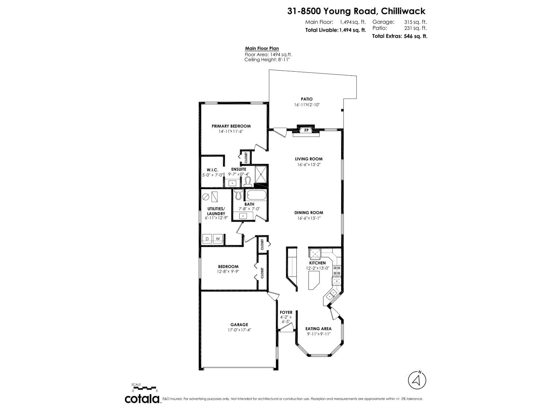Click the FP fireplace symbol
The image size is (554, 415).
tap(306, 130)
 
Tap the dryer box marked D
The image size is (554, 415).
tap(207, 239)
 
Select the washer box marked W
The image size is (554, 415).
tap(218, 239)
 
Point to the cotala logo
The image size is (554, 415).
tap(142, 399)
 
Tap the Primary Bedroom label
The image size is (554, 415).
tap(231, 126)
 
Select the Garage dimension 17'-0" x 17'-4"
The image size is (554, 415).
tap(239, 330)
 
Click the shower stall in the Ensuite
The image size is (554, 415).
tap(261, 174)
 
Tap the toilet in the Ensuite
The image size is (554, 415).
tap(247, 181)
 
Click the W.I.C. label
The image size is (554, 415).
tap(212, 170)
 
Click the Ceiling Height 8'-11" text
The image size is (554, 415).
tap(267, 59)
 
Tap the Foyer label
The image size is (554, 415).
tap(286, 312)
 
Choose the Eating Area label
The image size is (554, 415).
tap(318, 329)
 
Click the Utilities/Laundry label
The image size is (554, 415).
tap(216, 211)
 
